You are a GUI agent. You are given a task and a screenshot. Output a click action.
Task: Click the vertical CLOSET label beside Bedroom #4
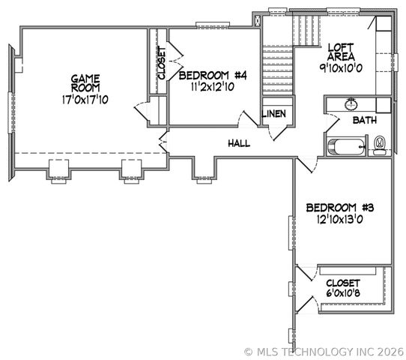pos(161,63)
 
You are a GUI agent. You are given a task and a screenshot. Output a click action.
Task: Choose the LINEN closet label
pos(273,113)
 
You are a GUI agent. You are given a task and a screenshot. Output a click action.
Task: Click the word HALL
pos(239,143)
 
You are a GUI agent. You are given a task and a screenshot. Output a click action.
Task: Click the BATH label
pos(365,120)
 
